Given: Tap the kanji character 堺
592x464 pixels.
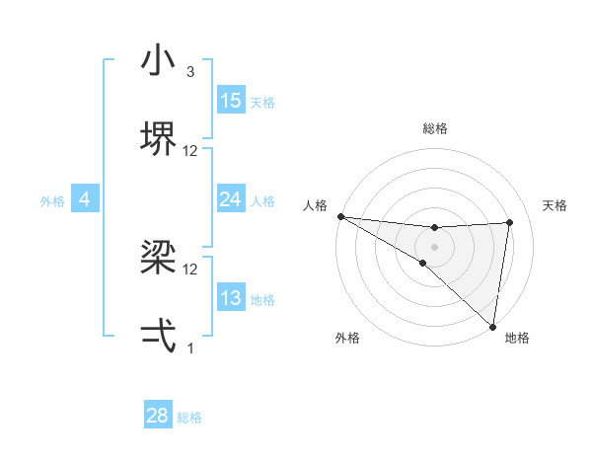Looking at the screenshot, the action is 158,137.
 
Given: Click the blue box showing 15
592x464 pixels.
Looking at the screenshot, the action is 231,101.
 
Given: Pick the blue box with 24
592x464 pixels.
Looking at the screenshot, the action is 231,199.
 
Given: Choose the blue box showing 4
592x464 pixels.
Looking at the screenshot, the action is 85,199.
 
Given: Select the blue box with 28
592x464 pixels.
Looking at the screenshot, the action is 158,416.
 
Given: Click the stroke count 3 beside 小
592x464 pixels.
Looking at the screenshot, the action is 190,72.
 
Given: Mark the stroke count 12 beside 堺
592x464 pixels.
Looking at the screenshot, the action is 190,151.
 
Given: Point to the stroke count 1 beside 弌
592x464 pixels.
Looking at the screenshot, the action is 190,348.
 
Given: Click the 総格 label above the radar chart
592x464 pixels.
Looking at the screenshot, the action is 435,128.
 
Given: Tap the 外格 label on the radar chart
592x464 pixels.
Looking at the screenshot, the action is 347,338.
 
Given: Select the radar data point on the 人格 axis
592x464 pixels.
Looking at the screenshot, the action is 340,216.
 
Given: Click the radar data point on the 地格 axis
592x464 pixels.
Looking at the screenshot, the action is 492,326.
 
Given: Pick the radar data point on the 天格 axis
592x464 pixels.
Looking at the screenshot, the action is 510,222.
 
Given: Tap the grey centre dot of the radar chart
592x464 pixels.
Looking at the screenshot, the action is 434,246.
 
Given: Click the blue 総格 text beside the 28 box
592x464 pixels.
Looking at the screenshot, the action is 189,418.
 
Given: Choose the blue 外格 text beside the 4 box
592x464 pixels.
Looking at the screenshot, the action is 52,201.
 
